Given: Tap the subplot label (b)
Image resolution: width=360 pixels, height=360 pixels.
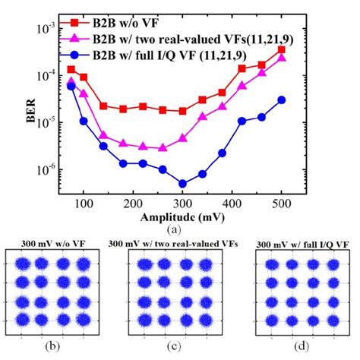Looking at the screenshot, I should [x=55, y=350].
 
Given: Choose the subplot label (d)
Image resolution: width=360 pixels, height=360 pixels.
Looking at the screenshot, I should [x=299, y=350].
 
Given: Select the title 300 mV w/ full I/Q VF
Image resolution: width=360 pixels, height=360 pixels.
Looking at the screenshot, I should [x=301, y=245].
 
